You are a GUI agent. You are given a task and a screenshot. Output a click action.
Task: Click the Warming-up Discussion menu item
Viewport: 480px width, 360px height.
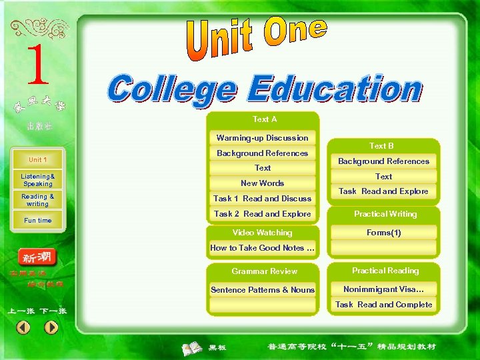click(263, 138)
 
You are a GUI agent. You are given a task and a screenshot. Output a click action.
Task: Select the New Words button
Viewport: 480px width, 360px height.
click(263, 183)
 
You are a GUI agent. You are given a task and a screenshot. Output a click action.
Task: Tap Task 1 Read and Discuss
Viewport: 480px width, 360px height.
click(263, 199)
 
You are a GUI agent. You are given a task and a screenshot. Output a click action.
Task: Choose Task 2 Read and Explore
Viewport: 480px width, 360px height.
click(263, 214)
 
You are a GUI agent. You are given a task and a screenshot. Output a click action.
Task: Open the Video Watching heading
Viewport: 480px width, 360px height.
click(262, 233)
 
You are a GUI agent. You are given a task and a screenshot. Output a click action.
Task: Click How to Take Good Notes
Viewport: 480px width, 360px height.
click(263, 248)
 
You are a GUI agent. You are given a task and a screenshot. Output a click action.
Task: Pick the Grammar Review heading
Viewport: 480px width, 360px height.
click(264, 271)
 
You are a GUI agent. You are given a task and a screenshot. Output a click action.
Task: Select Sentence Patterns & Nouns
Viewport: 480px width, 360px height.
click(263, 290)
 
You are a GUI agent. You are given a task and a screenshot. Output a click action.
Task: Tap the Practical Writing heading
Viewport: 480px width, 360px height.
click(385, 214)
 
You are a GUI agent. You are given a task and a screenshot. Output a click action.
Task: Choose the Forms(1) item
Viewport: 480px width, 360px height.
click(384, 233)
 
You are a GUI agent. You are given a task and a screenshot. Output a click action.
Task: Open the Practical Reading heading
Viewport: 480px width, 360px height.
click(385, 271)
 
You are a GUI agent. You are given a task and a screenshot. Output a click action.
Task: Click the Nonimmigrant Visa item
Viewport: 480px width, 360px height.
click(383, 289)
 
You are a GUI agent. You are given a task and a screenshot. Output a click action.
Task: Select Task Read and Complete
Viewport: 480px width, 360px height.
click(383, 305)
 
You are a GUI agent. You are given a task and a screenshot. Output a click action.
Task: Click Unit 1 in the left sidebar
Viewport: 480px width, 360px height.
click(38, 160)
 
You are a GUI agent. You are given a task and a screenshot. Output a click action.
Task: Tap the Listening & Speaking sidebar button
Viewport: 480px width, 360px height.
click(38, 180)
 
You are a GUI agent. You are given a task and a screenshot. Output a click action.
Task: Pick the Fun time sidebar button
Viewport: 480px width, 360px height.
click(38, 220)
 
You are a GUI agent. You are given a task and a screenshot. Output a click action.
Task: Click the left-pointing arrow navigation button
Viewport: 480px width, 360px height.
click(23, 327)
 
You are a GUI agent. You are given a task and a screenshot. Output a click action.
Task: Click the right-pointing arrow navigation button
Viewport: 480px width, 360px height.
click(51, 327)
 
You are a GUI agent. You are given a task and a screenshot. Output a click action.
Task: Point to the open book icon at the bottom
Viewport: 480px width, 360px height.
click(193, 347)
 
